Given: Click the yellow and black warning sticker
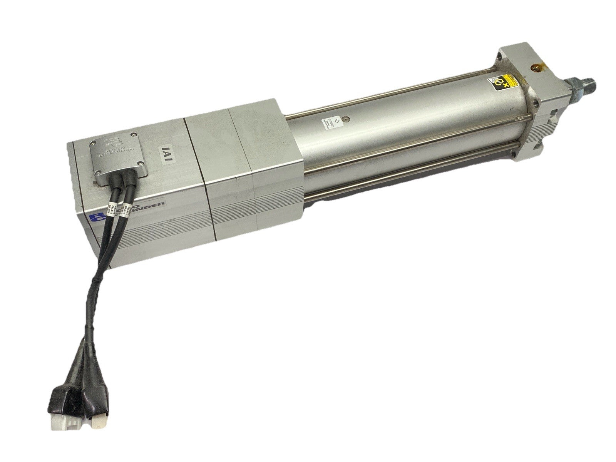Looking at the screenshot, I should tap(497, 82).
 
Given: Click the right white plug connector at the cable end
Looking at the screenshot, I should tap(98, 417).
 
